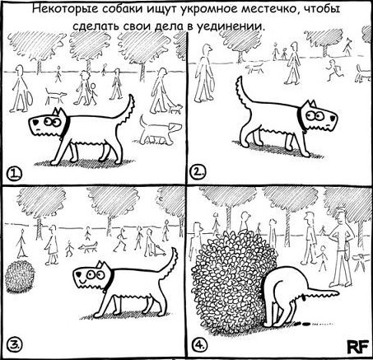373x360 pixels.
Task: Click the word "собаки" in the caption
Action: point(121,9)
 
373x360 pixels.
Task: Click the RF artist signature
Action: point(357,347)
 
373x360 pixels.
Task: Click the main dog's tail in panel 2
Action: point(242,92)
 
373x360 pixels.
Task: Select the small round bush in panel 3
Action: point(20,277)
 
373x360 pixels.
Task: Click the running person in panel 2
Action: point(333,71)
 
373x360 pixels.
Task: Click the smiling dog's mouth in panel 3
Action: point(82,282)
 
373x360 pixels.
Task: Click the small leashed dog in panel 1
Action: point(175,109)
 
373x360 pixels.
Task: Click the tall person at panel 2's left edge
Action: point(203,73)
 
